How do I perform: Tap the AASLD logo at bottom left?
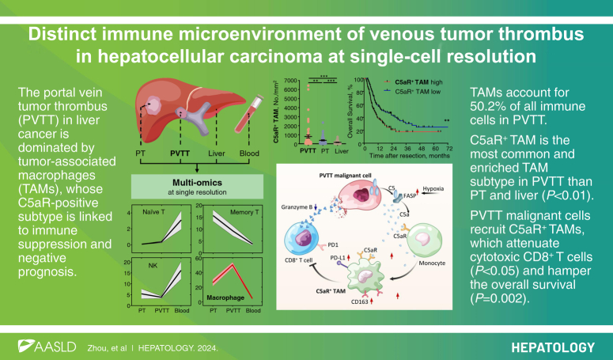tap(49, 346)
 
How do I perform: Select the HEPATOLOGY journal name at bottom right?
tap(551, 346)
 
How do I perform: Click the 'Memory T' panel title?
tap(234, 210)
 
